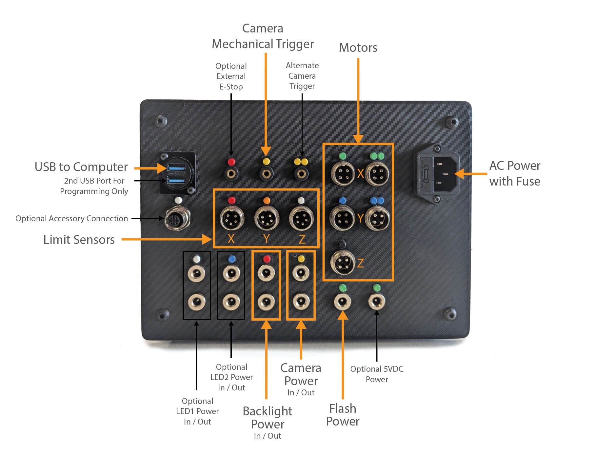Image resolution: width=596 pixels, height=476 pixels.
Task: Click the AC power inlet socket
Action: click(x=445, y=174)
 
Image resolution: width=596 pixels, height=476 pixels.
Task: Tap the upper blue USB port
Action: click(x=176, y=168)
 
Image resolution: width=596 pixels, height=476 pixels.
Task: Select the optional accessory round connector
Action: click(x=177, y=218)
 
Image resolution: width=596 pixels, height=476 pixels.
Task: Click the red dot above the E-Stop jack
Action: click(x=231, y=162)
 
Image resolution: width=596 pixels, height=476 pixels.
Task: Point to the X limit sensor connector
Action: click(x=232, y=218)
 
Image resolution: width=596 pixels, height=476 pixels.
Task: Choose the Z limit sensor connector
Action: click(x=301, y=218)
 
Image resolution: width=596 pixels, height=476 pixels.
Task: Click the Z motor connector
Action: click(x=343, y=263)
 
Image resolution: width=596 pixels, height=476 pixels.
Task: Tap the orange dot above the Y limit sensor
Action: click(x=267, y=200)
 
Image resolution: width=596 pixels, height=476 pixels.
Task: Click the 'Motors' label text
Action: click(x=358, y=48)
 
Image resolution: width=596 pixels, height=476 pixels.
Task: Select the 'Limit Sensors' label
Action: click(x=79, y=240)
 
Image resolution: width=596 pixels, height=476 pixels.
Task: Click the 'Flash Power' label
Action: click(x=343, y=415)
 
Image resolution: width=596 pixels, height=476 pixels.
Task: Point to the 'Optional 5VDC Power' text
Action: click(x=377, y=374)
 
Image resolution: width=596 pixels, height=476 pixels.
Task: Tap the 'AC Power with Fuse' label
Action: click(x=514, y=173)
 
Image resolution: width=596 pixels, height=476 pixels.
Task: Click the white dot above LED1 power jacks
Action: click(x=197, y=259)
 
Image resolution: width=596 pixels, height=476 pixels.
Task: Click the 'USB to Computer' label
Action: click(x=81, y=167)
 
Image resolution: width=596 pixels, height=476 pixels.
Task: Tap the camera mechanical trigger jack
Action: click(x=267, y=173)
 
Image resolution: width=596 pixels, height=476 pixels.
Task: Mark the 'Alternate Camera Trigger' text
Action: click(x=302, y=76)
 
